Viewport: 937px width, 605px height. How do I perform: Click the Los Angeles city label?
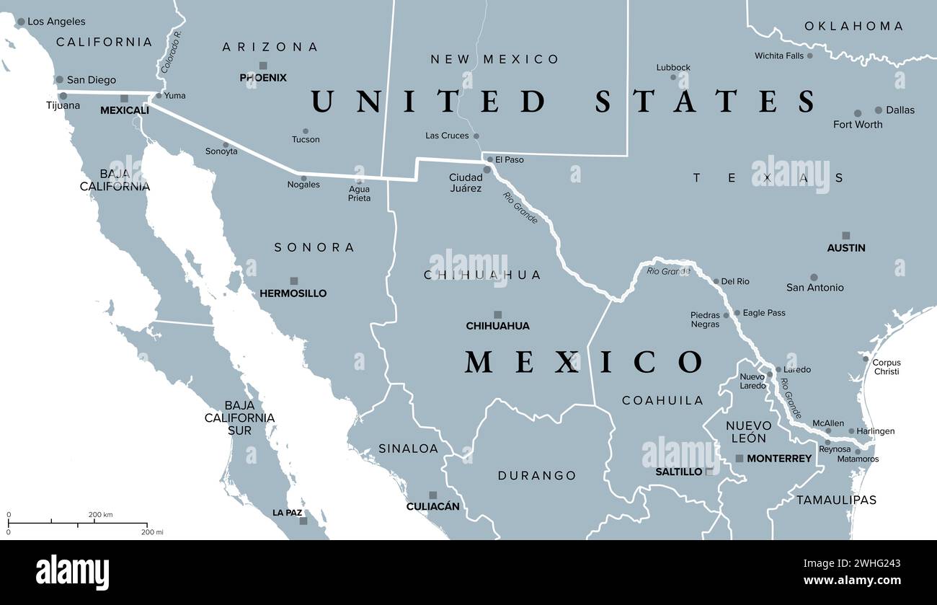[x=55, y=22]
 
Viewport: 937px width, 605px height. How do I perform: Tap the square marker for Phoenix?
[x=262, y=66]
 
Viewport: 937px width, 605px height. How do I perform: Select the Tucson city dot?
[x=306, y=131]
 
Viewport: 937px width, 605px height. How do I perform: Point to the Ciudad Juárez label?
[x=466, y=182]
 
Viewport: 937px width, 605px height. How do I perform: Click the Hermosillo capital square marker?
[x=293, y=281]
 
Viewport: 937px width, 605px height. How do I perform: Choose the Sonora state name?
[x=314, y=247]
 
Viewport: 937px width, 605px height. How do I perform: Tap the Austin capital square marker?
[x=845, y=236]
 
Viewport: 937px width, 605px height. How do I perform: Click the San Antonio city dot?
[x=814, y=277]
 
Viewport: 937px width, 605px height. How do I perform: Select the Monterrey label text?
[x=779, y=459]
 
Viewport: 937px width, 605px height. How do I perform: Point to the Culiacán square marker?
[x=432, y=495]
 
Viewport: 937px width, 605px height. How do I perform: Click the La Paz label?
[x=287, y=513]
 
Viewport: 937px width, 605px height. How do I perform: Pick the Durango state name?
[x=537, y=476]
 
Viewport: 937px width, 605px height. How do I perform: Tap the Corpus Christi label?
[x=886, y=367]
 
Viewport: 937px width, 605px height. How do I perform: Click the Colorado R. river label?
[x=171, y=51]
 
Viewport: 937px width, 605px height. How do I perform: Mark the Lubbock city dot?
[x=673, y=77]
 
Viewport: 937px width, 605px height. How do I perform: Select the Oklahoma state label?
[x=853, y=26]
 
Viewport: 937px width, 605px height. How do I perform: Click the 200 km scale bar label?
[x=101, y=514]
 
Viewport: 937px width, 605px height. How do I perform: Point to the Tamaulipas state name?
[x=836, y=500]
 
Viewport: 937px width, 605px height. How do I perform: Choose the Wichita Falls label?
[x=778, y=56]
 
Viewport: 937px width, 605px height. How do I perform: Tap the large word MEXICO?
[x=583, y=362]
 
